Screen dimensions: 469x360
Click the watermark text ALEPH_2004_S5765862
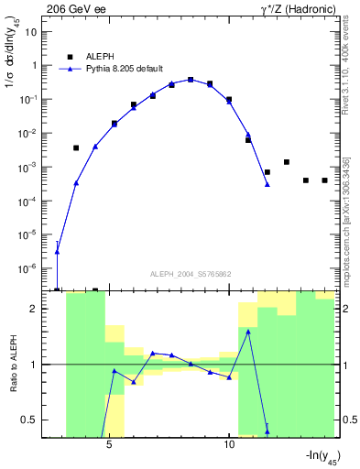pyautogui.click(x=190, y=274)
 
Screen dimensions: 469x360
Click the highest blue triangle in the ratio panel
pyautogui.click(x=248, y=332)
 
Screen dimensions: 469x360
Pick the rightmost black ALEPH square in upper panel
pyautogui.click(x=324, y=180)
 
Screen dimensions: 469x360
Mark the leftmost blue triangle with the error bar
pyautogui.click(x=57, y=251)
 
